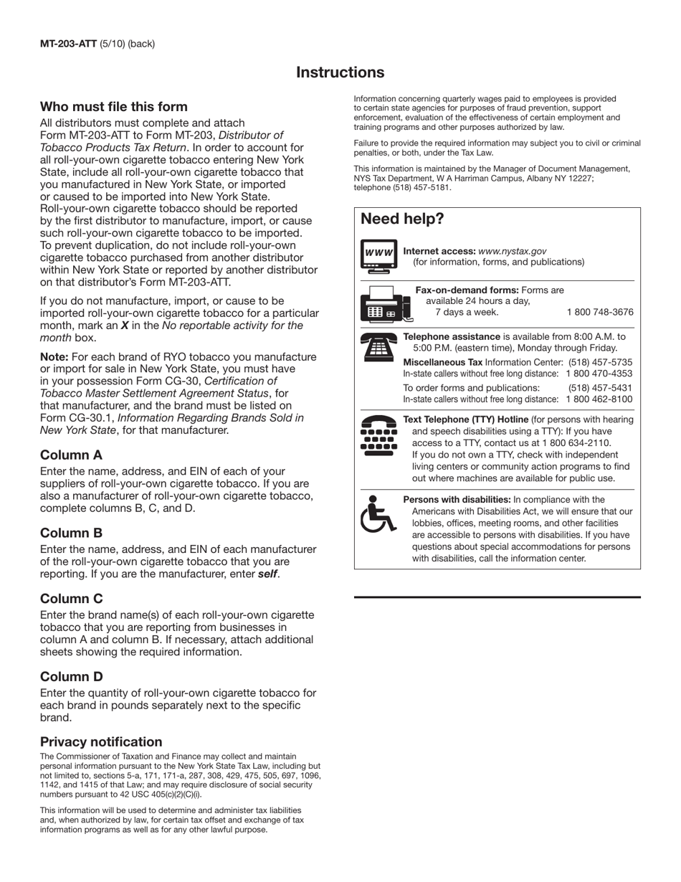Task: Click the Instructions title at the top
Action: coord(340,72)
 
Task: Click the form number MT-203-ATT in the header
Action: coord(69,44)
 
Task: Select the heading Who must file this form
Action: coord(114,107)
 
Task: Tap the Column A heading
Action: coord(71,455)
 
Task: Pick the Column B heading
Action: coord(71,533)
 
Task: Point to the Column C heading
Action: coord(72,599)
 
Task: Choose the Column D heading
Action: coord(72,677)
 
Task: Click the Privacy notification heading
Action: coord(101,742)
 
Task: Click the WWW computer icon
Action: coord(378,257)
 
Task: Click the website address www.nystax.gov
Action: coord(512,251)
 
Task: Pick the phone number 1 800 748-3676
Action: coord(600,312)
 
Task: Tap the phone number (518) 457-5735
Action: coord(600,362)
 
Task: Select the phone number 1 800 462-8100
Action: coord(599,399)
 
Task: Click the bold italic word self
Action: coord(267,574)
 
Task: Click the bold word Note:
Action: coord(54,357)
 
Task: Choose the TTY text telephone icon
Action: coord(378,435)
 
